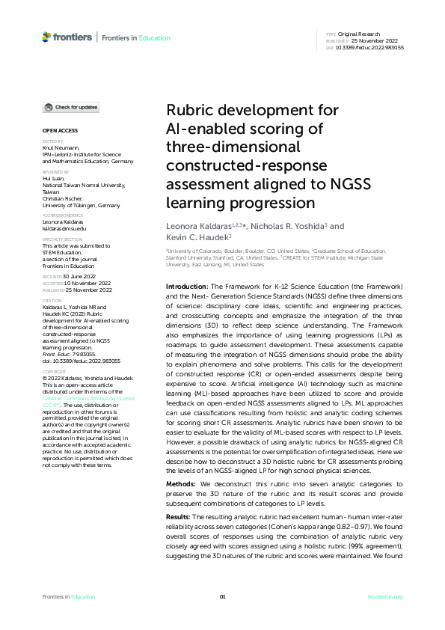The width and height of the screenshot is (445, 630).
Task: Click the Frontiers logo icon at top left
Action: tap(46, 37)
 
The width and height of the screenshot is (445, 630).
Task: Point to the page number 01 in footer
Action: tap(222, 596)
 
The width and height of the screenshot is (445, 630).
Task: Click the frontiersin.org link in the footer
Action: tap(385, 596)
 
